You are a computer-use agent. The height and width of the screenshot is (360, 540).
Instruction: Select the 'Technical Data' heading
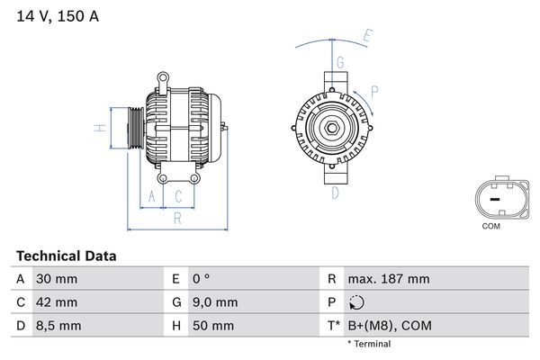click(x=66, y=256)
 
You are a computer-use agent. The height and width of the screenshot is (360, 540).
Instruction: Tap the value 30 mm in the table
click(x=56, y=279)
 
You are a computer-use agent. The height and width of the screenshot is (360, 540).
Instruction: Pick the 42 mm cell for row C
click(x=56, y=301)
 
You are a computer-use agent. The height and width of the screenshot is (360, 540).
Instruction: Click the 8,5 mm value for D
click(x=58, y=325)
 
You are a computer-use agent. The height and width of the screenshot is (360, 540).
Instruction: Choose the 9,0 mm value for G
click(x=214, y=301)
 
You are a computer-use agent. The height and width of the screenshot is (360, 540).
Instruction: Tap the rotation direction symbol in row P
click(x=358, y=302)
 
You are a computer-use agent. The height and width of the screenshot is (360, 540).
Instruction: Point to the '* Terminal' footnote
click(x=369, y=344)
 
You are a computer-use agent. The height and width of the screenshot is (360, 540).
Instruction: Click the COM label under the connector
click(x=490, y=226)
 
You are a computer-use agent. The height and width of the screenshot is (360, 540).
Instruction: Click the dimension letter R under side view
click(x=177, y=217)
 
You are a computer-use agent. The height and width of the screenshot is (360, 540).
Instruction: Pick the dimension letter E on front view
click(x=366, y=37)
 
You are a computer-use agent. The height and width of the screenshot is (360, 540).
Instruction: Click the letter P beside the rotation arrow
click(x=373, y=90)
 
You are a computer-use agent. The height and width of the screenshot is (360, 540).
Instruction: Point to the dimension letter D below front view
click(x=334, y=192)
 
